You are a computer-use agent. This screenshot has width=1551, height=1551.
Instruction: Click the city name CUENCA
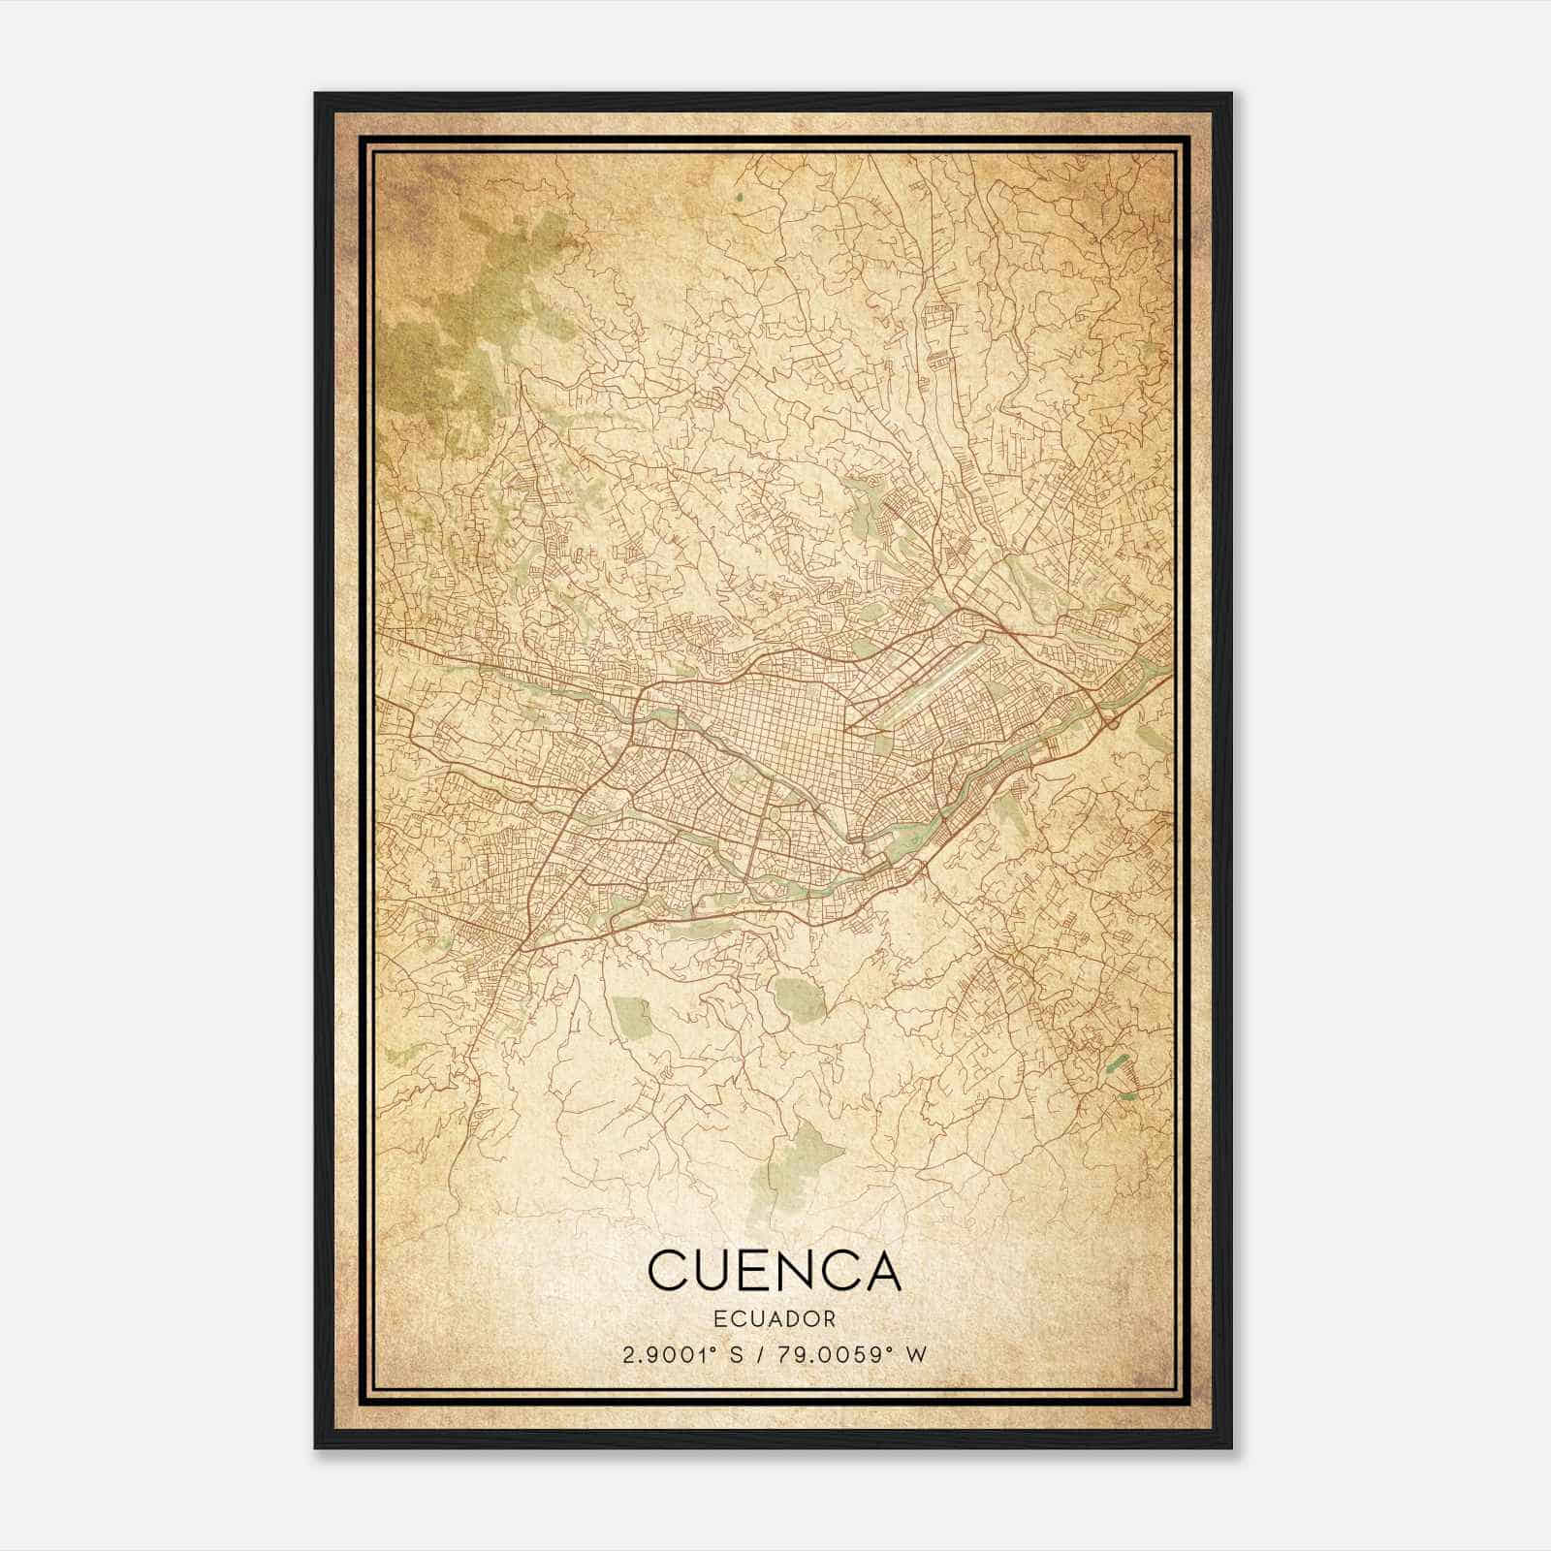pos(774,1271)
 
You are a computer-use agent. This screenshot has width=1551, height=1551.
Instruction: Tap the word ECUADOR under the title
pos(774,1318)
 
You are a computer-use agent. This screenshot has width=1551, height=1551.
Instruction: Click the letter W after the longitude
pos(916,1354)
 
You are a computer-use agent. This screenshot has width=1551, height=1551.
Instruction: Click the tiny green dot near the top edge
pos(739,198)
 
